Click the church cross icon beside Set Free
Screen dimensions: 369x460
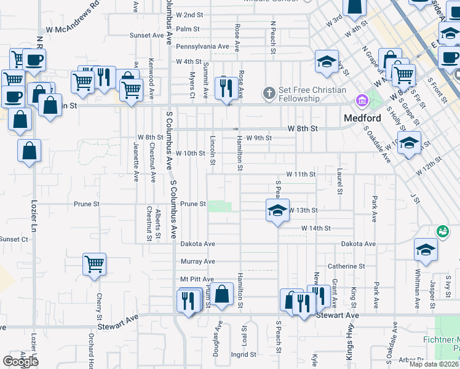pos(269,93)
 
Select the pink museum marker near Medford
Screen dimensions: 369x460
pos(361,100)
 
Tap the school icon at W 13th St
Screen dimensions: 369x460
pos(277,210)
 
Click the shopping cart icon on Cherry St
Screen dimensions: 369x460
pos(94,264)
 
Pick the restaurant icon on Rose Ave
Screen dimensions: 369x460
pos(226,88)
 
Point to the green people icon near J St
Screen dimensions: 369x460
pos(442,231)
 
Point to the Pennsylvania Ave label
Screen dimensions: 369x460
pos(202,46)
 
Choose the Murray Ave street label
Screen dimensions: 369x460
pos(197,261)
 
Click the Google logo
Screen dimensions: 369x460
pos(21,362)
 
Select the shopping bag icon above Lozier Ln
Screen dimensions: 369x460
pos(29,151)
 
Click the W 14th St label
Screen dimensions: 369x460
pos(316,228)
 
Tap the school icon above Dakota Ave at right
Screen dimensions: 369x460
pos(425,249)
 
